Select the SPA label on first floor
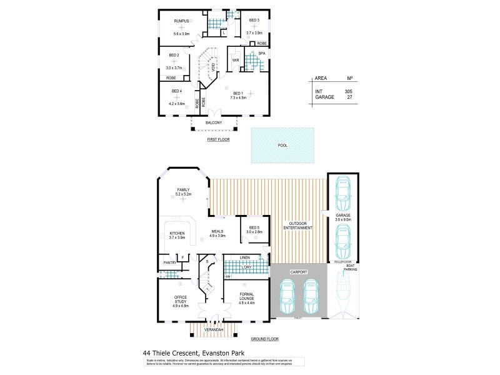coord(262,54)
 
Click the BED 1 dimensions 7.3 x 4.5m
coord(238,98)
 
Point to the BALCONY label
coord(214,122)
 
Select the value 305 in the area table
coord(348,91)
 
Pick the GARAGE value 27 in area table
coord(349,97)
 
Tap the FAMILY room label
coord(183,189)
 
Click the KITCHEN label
coord(176,233)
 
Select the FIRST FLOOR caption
coord(218,139)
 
